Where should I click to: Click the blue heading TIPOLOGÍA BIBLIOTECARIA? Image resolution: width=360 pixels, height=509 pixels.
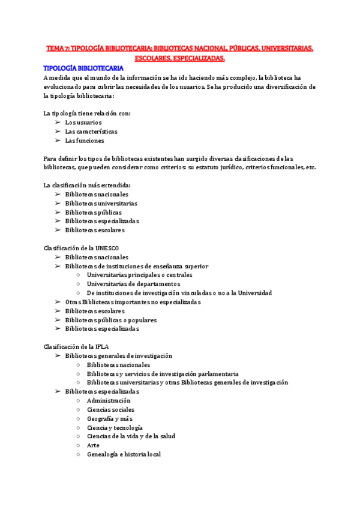[x=84, y=68]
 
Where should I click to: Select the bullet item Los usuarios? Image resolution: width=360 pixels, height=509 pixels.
[x=83, y=122]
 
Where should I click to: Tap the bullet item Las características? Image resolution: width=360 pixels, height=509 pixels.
[x=91, y=131]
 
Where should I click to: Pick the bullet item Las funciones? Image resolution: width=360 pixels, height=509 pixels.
[x=85, y=140]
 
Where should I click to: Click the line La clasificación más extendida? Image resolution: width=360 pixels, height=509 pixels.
[x=87, y=185]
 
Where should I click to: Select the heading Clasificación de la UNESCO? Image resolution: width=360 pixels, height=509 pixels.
[x=81, y=248]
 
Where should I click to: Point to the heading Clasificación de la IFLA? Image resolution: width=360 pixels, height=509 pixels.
[x=76, y=346]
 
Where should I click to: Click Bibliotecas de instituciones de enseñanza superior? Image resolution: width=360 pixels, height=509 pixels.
[x=137, y=266]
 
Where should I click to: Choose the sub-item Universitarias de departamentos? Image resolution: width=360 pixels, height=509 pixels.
[x=133, y=284]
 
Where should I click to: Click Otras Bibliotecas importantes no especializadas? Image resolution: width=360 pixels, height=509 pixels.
[x=133, y=302]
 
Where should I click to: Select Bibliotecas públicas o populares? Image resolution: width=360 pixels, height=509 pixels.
[x=110, y=320]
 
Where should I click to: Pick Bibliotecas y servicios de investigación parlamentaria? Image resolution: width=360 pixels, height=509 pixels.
[x=162, y=373]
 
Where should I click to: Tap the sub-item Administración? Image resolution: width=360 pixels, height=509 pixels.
[x=109, y=400]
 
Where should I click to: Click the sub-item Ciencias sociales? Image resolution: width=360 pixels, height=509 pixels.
[x=110, y=409]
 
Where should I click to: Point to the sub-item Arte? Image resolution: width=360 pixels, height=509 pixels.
[x=93, y=445]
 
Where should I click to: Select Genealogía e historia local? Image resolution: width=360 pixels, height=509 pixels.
[x=124, y=454]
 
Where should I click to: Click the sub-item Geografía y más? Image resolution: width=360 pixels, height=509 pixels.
[x=110, y=418]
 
